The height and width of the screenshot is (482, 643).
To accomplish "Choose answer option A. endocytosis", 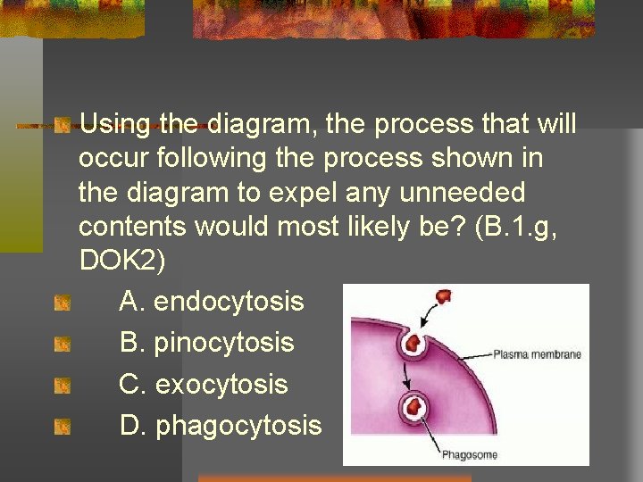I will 212,302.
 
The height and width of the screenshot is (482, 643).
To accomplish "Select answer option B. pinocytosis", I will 206,343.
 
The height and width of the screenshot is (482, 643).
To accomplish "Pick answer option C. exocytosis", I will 204,385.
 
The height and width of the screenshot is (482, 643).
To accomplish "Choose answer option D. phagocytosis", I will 221,426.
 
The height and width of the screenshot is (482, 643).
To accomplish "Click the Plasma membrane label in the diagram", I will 537,354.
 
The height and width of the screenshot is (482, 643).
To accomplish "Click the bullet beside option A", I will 62,303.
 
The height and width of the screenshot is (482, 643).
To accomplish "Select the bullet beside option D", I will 62,428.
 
